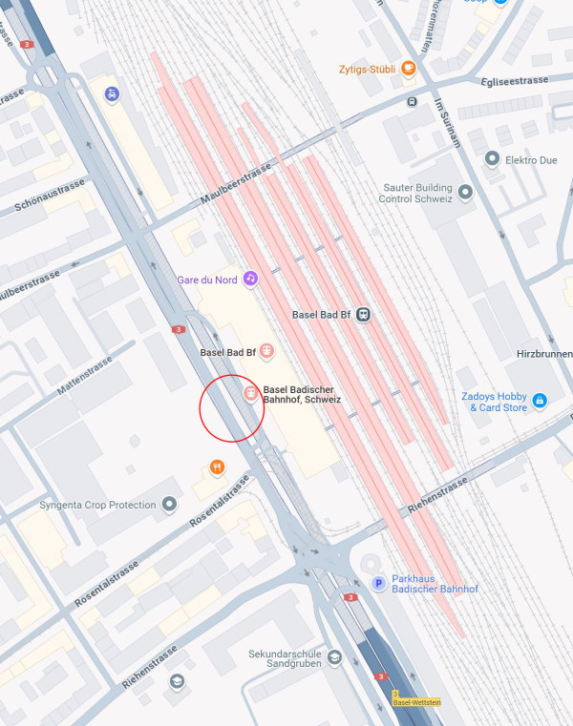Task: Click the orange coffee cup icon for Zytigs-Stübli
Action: coord(408,69)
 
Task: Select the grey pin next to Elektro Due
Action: coord(493,159)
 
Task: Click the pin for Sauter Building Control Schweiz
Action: coord(466,193)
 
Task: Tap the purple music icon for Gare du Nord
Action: coord(250,279)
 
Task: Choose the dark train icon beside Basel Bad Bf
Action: coord(363,315)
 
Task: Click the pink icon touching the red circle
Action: coord(250,393)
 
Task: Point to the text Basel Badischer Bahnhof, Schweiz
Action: coord(302,394)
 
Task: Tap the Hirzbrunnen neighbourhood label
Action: coord(545,351)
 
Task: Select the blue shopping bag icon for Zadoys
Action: coord(540,401)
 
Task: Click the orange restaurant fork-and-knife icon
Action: coord(217,467)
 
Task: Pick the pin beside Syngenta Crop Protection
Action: coord(170,504)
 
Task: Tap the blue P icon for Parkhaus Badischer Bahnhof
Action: coord(378,583)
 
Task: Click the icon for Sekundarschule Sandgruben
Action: coord(333,659)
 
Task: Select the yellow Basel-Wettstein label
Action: coord(417,703)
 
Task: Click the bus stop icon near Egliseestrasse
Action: coord(412,101)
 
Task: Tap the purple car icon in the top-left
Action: coord(113,94)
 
